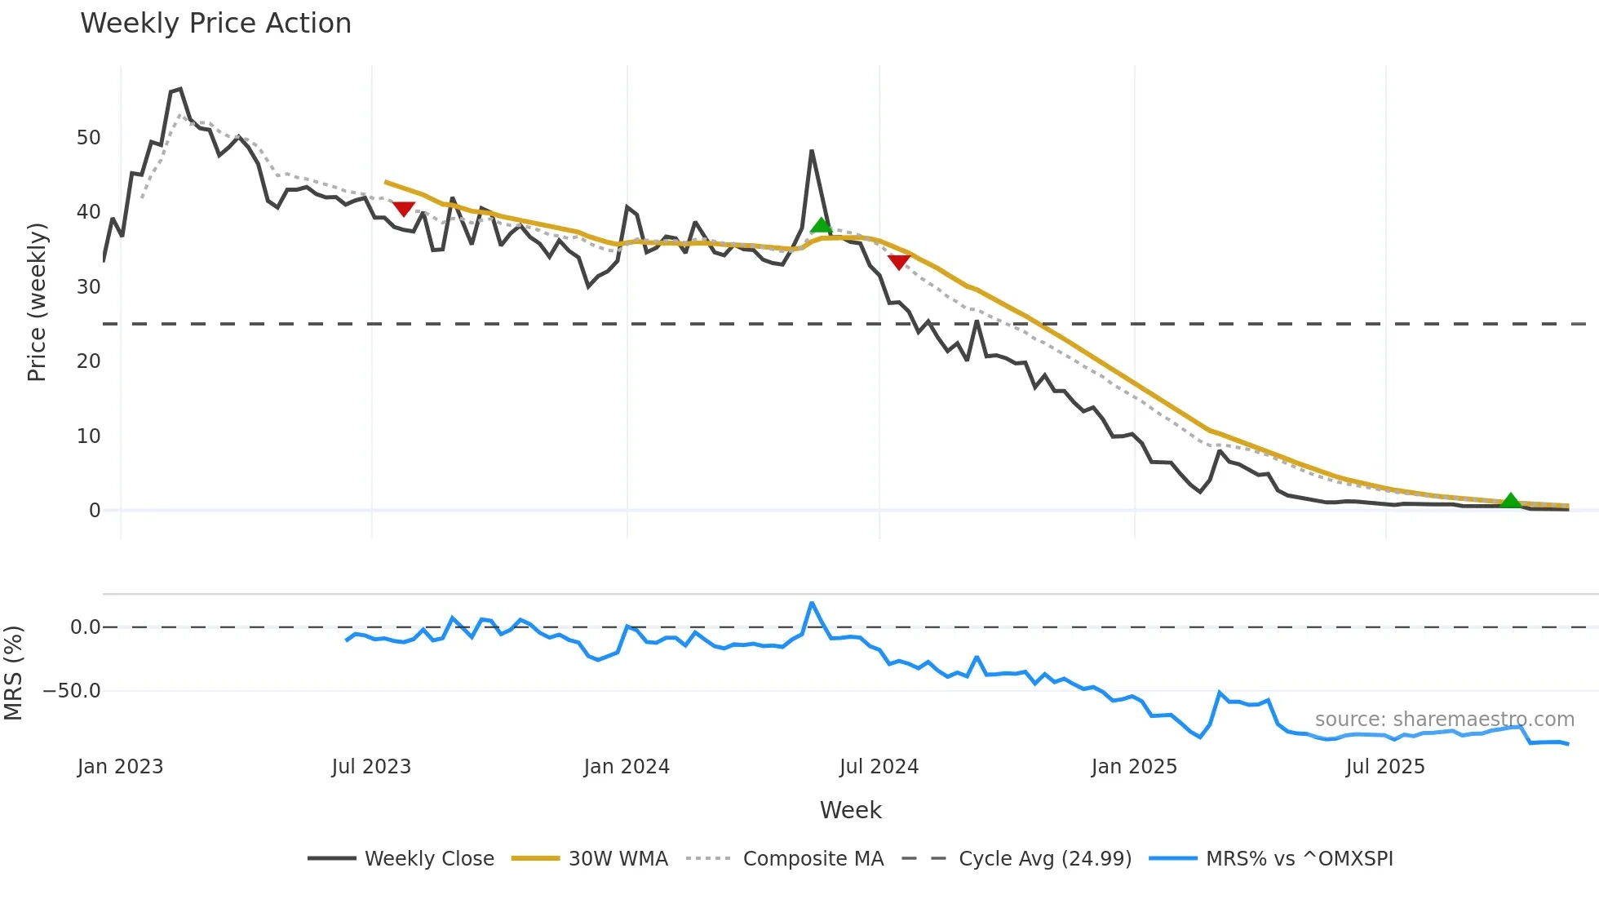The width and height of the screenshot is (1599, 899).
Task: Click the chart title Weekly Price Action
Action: coord(215,24)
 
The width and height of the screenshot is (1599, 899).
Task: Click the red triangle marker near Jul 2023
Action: coord(403,209)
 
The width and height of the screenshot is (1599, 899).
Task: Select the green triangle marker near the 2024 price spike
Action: coord(821,225)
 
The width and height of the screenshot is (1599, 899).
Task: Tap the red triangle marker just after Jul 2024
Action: coord(898,262)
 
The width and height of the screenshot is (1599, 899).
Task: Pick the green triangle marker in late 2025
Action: coord(1511,500)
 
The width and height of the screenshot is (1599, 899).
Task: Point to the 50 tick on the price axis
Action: coord(88,137)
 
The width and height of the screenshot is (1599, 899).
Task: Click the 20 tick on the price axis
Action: coord(88,361)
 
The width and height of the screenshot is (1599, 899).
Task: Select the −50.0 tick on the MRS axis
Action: coord(72,691)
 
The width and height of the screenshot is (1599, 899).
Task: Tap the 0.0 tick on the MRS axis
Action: coord(85,627)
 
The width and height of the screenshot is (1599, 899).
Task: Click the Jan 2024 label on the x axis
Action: coord(627,767)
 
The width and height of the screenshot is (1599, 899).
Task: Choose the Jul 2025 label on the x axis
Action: coord(1384,767)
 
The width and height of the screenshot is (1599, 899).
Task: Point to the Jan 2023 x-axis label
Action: coord(120,767)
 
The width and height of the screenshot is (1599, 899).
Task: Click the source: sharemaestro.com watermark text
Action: coord(1444,720)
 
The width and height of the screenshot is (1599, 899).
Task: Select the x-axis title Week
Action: coord(850,810)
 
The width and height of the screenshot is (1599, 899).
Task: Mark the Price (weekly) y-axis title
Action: coord(37,302)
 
